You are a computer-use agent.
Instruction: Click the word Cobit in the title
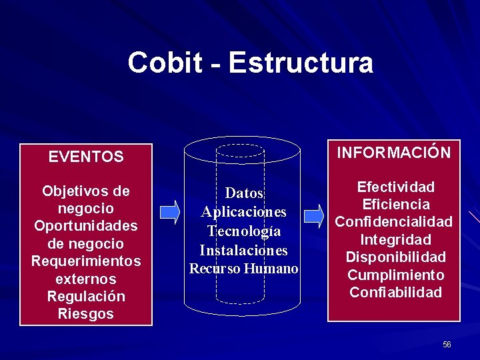[165, 63]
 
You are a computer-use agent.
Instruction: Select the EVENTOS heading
[86, 157]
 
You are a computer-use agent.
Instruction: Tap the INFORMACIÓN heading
[393, 153]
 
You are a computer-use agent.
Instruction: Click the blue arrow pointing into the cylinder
[171, 212]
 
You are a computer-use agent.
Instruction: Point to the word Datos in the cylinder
[244, 193]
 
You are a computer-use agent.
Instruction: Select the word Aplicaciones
[244, 212]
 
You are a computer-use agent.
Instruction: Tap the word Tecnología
[244, 231]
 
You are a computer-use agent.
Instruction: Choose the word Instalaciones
[244, 251]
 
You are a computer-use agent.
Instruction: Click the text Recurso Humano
[244, 269]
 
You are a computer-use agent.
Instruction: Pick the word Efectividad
[395, 187]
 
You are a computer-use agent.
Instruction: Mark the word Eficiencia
[395, 205]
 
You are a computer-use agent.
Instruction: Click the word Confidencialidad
[393, 222]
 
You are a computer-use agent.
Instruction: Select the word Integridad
[395, 239]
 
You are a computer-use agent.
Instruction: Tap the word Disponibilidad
[395, 257]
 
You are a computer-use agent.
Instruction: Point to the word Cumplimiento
[395, 275]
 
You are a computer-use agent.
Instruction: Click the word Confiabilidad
[395, 292]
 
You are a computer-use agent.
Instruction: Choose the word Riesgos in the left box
[86, 313]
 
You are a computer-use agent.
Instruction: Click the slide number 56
[447, 345]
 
